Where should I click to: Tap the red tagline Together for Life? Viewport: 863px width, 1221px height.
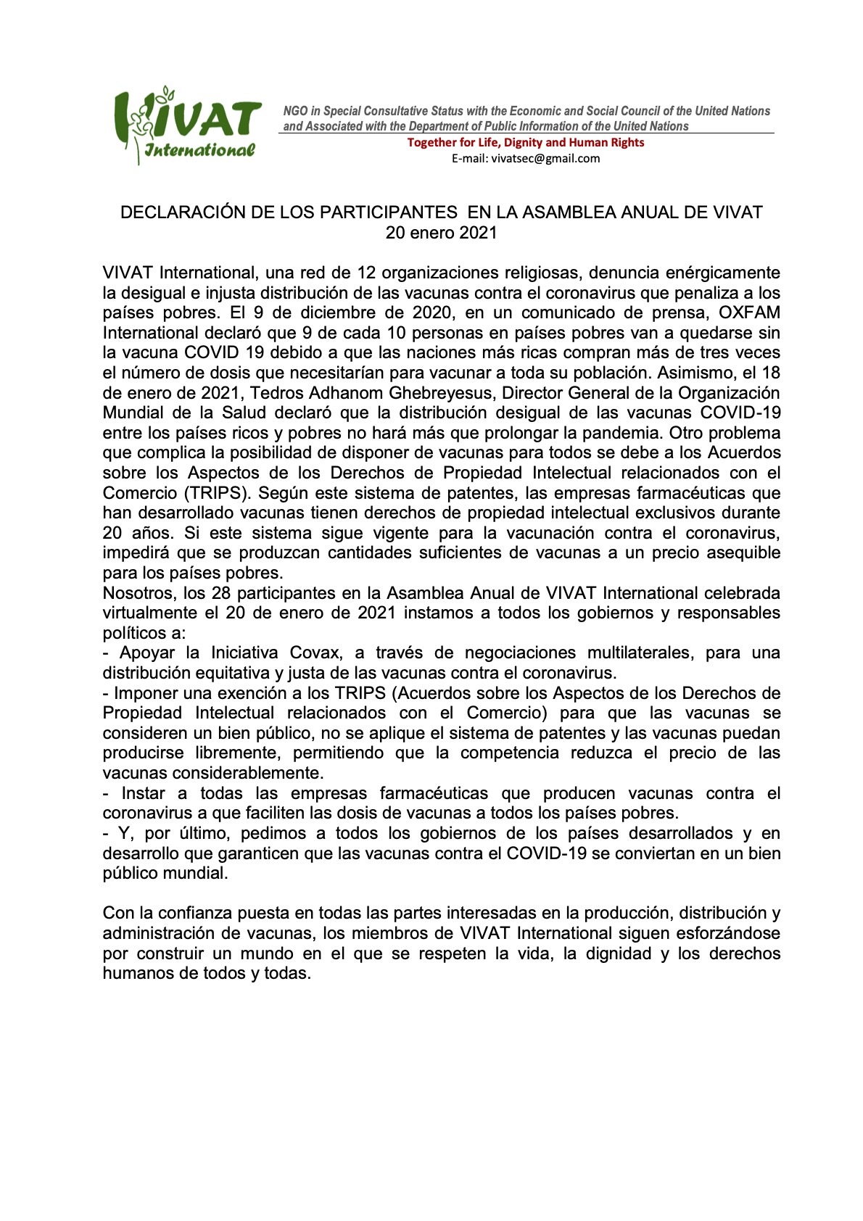click(x=525, y=142)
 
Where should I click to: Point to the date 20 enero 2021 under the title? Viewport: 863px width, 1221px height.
click(x=441, y=233)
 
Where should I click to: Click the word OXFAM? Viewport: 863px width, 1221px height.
click(x=749, y=313)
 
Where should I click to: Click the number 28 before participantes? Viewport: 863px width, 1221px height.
click(x=220, y=593)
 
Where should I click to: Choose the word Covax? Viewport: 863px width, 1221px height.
click(x=315, y=653)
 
